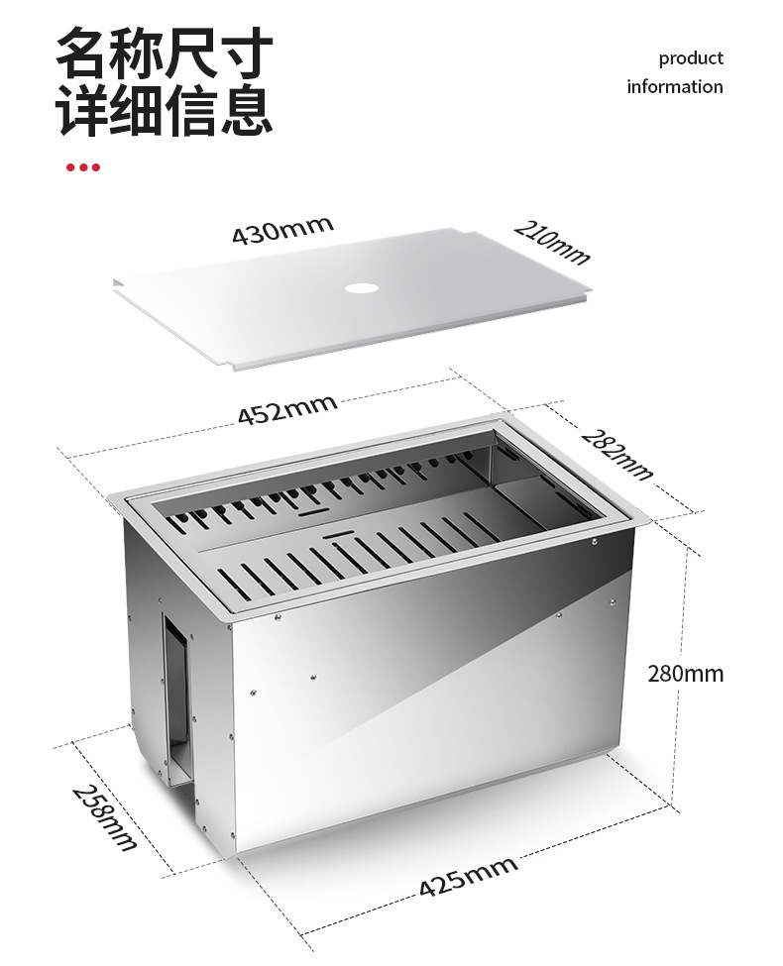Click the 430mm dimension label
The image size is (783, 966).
coord(282,232)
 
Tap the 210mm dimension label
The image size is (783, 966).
coord(552,243)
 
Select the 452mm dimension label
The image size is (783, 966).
coord(286,408)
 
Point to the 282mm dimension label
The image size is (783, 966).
coord(616,454)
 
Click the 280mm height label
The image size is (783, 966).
coord(685,674)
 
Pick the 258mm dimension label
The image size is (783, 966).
coord(103,817)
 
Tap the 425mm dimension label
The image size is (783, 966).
coord(467,876)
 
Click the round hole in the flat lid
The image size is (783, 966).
coord(359,289)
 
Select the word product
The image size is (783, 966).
coord(691,58)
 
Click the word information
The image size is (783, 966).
coord(674,87)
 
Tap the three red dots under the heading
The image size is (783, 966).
coord(83,167)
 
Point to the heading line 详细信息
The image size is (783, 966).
coord(164,110)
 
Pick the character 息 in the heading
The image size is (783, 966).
coord(246,110)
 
